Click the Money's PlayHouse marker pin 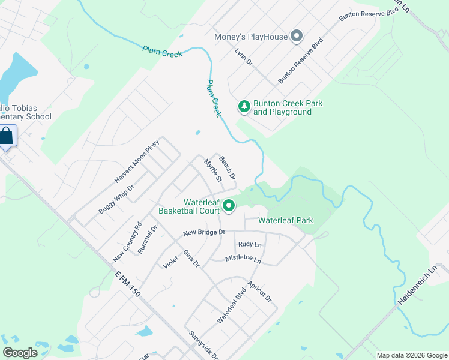tap(296, 37)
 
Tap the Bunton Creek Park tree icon tap(244, 107)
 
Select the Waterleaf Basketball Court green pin tap(229, 206)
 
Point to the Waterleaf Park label tap(286, 220)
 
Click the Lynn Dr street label tap(244, 58)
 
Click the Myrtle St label tap(213, 170)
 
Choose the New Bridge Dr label tap(204, 232)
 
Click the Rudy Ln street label tap(250, 244)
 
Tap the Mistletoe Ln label tap(243, 259)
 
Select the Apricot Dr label tap(260, 290)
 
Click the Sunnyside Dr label tap(203, 345)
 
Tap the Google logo tap(20, 353)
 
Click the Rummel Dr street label tap(147, 239)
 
